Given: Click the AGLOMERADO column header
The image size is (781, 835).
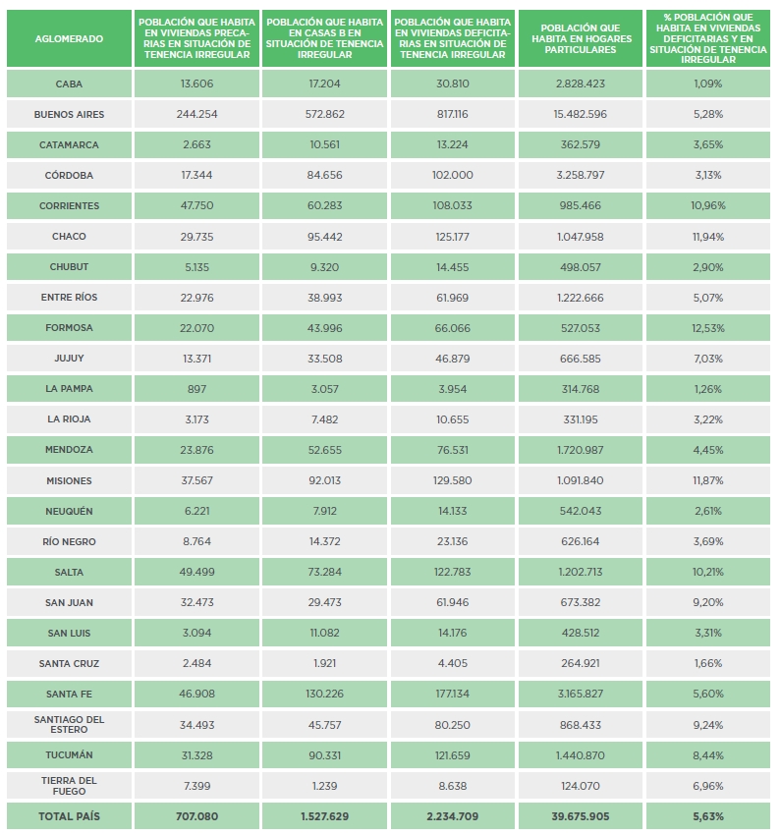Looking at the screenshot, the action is pyautogui.click(x=69, y=39).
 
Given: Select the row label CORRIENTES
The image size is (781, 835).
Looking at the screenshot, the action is pyautogui.click(x=69, y=206).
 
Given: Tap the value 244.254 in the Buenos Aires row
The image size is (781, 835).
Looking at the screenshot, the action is pyautogui.click(x=197, y=115).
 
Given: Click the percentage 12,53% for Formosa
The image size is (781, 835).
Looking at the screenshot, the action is pyautogui.click(x=708, y=328).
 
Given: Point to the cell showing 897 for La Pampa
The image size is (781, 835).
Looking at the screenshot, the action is pyautogui.click(x=197, y=389).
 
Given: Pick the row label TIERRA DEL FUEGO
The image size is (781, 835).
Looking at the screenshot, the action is pyautogui.click(x=69, y=786).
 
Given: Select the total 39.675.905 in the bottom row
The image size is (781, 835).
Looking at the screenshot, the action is pyautogui.click(x=581, y=816).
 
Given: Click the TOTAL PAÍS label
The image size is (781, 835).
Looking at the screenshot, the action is pyautogui.click(x=69, y=816).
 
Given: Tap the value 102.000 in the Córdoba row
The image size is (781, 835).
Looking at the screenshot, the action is pyautogui.click(x=453, y=175).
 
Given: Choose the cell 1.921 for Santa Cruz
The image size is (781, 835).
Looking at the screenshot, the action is pyautogui.click(x=325, y=663).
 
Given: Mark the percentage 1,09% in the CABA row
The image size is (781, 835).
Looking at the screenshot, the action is pyautogui.click(x=708, y=84).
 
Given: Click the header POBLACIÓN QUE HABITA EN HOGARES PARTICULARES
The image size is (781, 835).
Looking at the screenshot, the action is pyautogui.click(x=581, y=39).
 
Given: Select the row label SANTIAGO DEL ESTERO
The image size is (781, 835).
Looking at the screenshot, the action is pyautogui.click(x=69, y=725).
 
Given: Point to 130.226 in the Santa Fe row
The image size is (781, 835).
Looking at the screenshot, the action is pyautogui.click(x=325, y=694).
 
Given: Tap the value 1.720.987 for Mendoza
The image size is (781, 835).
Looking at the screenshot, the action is pyautogui.click(x=581, y=450).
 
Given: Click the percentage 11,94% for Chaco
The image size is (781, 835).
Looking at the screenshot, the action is pyautogui.click(x=708, y=237).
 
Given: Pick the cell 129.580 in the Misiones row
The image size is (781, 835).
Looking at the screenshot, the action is pyautogui.click(x=453, y=481).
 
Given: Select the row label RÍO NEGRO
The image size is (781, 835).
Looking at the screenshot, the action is pyautogui.click(x=69, y=542).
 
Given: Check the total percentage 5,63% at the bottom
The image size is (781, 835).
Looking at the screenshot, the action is pyautogui.click(x=708, y=816).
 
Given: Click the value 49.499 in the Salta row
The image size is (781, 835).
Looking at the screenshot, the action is pyautogui.click(x=197, y=573).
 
